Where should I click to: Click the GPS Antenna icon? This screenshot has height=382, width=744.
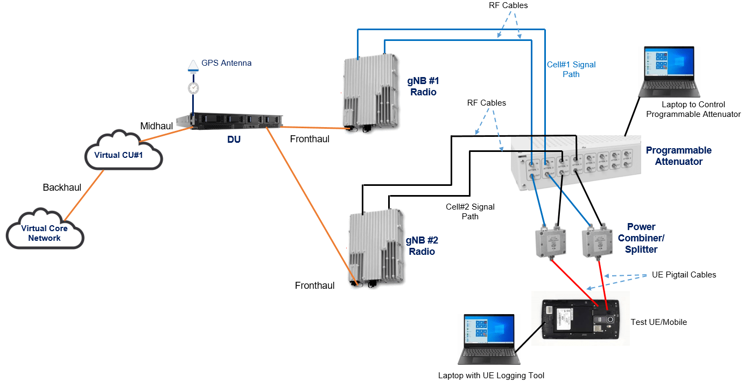pos(192,66)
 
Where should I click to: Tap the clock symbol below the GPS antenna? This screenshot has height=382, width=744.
pos(192,88)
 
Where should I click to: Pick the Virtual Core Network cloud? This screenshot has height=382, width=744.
pos(45,232)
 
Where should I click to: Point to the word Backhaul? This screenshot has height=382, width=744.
pos(62,187)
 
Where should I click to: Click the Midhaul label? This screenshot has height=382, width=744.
pos(157,126)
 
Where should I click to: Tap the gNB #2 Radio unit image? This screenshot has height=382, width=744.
pos(376,247)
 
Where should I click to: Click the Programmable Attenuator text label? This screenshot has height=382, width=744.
pos(678,156)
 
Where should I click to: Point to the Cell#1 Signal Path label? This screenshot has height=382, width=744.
pos(571,70)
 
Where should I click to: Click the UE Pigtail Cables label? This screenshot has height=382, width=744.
pos(684,275)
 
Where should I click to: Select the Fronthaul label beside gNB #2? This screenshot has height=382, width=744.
pos(314,286)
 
